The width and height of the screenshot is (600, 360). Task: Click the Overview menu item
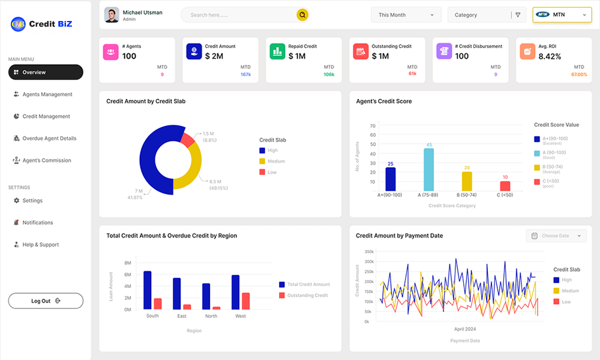tap(45, 73)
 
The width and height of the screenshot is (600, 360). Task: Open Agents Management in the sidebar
tap(47, 94)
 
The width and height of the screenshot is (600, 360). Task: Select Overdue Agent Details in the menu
tap(49, 139)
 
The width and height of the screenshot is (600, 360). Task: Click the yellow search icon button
tap(302, 15)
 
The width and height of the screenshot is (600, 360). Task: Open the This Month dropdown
tap(406, 15)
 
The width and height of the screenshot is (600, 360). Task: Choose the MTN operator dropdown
tap(562, 15)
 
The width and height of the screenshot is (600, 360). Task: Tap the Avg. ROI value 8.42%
tap(550, 56)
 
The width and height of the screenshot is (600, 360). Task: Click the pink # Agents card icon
tap(110, 52)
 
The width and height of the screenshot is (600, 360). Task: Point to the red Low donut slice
tap(188, 140)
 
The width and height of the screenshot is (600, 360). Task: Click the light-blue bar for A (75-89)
tap(428, 169)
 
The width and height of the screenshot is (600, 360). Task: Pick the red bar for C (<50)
tap(505, 185)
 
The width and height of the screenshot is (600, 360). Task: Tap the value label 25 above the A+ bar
tap(391, 164)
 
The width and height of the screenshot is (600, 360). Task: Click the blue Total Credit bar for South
tap(148, 290)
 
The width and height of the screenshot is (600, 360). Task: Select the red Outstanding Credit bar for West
tap(245, 301)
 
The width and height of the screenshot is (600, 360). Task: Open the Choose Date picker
tap(556, 236)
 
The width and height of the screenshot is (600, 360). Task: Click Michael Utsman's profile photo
tap(112, 15)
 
